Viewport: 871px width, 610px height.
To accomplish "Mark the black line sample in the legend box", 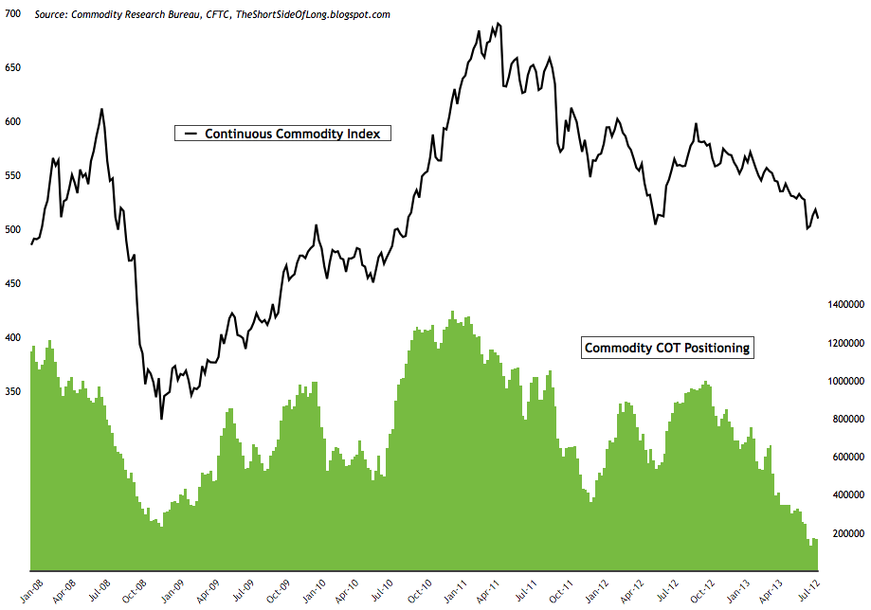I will coord(190,134).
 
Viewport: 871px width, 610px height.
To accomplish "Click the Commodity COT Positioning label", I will coord(667,348).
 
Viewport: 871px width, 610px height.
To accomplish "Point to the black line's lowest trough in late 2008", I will coord(161,418).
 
